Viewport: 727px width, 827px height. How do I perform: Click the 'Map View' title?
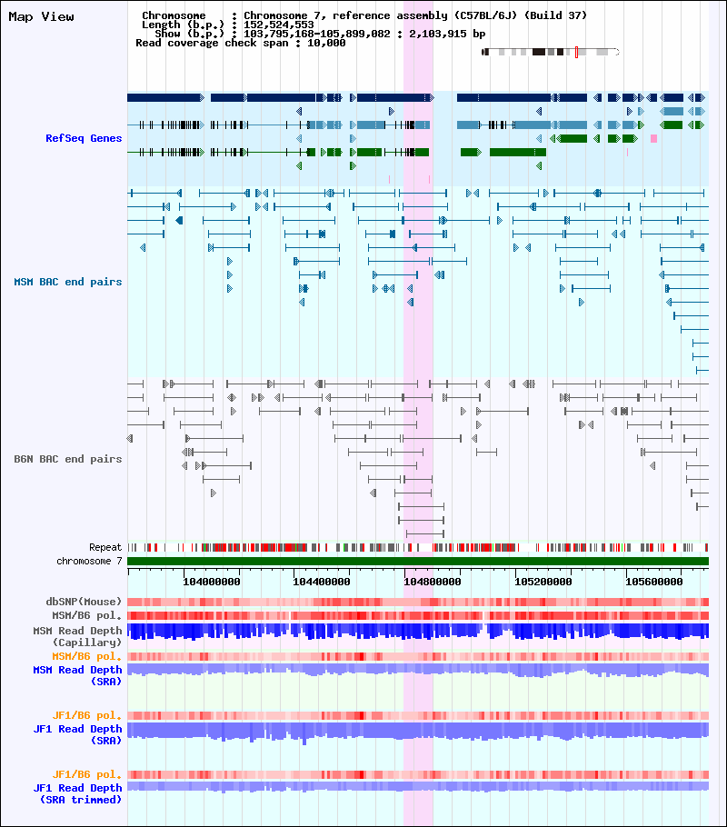pos(41,17)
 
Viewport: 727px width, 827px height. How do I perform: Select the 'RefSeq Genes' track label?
pos(84,138)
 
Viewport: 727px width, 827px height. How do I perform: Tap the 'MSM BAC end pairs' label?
pos(68,282)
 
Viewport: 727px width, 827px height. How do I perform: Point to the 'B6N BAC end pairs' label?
pos(68,459)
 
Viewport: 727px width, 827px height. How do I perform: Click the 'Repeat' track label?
pos(105,547)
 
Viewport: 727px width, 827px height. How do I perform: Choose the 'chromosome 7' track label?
pos(89,561)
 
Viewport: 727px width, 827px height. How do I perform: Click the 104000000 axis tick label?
pos(212,582)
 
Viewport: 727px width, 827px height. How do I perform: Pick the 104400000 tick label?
pos(322,582)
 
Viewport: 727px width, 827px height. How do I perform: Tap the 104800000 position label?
pos(433,582)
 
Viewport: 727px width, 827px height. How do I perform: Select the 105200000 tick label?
pos(543,582)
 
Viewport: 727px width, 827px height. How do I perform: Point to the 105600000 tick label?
pos(654,582)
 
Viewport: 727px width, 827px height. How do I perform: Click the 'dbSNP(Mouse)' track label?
pos(84,602)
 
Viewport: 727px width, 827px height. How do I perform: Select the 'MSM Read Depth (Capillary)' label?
pos(77,636)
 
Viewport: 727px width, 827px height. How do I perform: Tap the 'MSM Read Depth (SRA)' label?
pos(77,675)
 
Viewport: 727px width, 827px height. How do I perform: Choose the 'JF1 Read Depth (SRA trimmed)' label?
pos(77,793)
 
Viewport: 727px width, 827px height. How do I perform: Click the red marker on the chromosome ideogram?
pos(577,52)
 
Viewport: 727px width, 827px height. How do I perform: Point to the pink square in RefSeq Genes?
pos(653,138)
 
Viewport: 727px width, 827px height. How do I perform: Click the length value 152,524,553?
pos(279,25)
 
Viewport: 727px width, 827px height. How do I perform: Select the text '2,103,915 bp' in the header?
pos(447,34)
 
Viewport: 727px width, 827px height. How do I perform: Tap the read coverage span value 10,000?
pos(326,43)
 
